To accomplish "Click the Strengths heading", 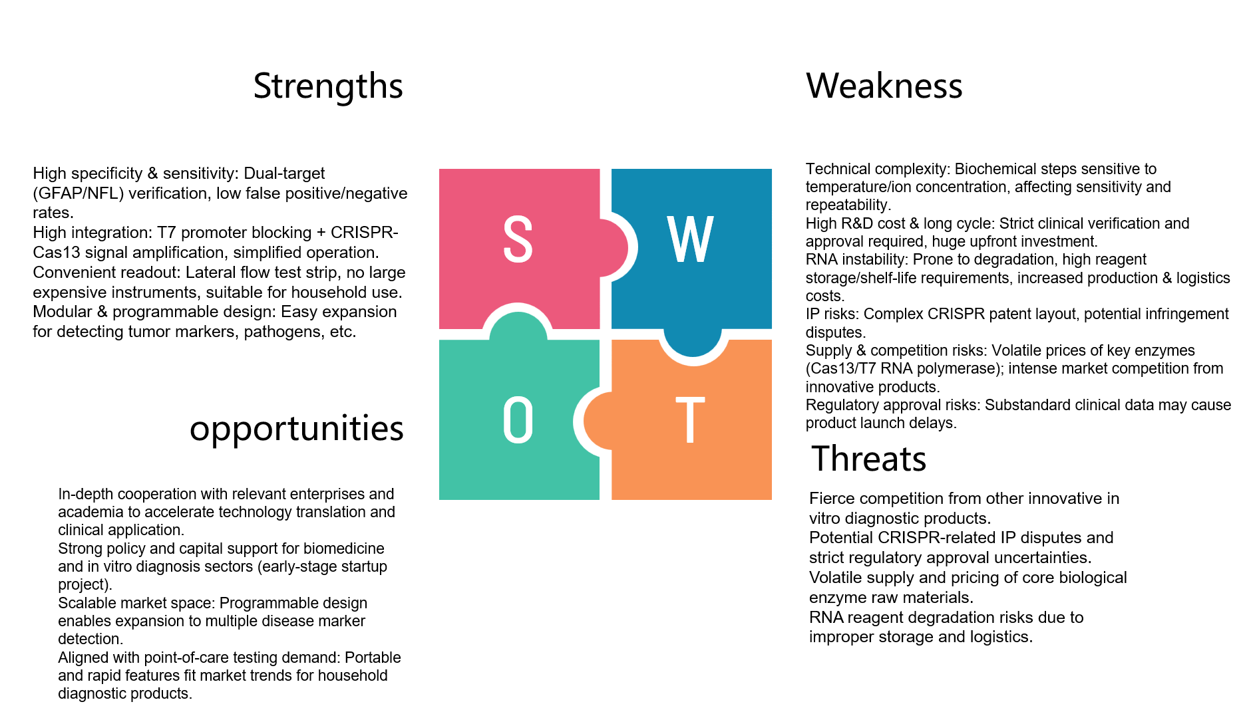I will pyautogui.click(x=328, y=86).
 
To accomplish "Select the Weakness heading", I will pyautogui.click(x=884, y=86).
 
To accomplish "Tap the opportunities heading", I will pyautogui.click(x=296, y=429).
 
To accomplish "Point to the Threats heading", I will pyautogui.click(x=868, y=459).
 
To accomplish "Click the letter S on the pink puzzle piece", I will pyautogui.click(x=518, y=239).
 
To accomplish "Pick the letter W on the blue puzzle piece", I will pyautogui.click(x=691, y=239).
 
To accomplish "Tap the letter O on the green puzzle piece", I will pyautogui.click(x=518, y=420).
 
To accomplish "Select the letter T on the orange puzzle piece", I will pyautogui.click(x=690, y=420).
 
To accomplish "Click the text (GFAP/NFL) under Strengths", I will pyautogui.click(x=78, y=193).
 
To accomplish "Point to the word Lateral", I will pyautogui.click(x=209, y=273).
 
